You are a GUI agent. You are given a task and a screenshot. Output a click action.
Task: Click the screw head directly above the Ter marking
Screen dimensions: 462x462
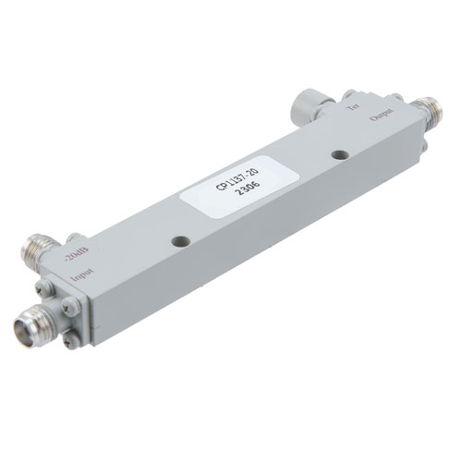349,93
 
